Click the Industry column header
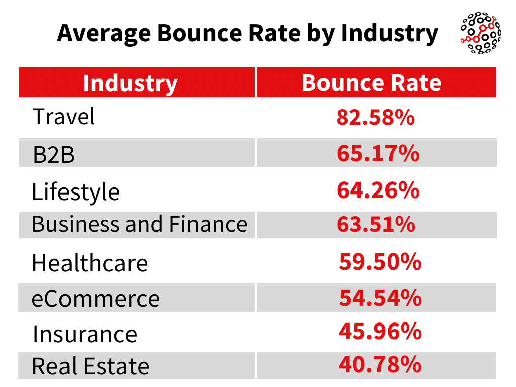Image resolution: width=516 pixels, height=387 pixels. (x=130, y=83)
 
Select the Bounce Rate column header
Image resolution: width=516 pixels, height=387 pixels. (x=371, y=83)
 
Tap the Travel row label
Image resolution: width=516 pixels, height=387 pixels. (x=64, y=117)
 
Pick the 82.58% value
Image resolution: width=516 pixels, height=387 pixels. (x=375, y=117)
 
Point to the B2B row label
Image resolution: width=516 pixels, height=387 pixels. (x=53, y=154)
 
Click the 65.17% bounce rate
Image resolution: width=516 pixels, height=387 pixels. (x=377, y=153)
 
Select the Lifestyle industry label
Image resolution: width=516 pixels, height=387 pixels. (x=76, y=192)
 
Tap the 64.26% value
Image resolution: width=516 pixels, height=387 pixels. (x=377, y=190)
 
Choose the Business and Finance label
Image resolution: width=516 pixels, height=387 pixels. (x=140, y=224)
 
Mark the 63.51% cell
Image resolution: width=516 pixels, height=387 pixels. (x=375, y=224)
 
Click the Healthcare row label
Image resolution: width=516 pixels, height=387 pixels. (x=90, y=263)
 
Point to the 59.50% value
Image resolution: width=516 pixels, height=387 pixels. (x=380, y=262)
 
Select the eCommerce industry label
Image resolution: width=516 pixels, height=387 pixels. (x=96, y=299)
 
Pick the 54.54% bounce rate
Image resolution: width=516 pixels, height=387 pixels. (x=380, y=298)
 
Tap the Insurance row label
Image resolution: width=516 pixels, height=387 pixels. (x=85, y=334)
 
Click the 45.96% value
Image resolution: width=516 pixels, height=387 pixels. (x=380, y=331)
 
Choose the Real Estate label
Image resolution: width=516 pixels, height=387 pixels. (x=91, y=366)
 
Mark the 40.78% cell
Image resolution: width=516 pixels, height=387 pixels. (x=380, y=364)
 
